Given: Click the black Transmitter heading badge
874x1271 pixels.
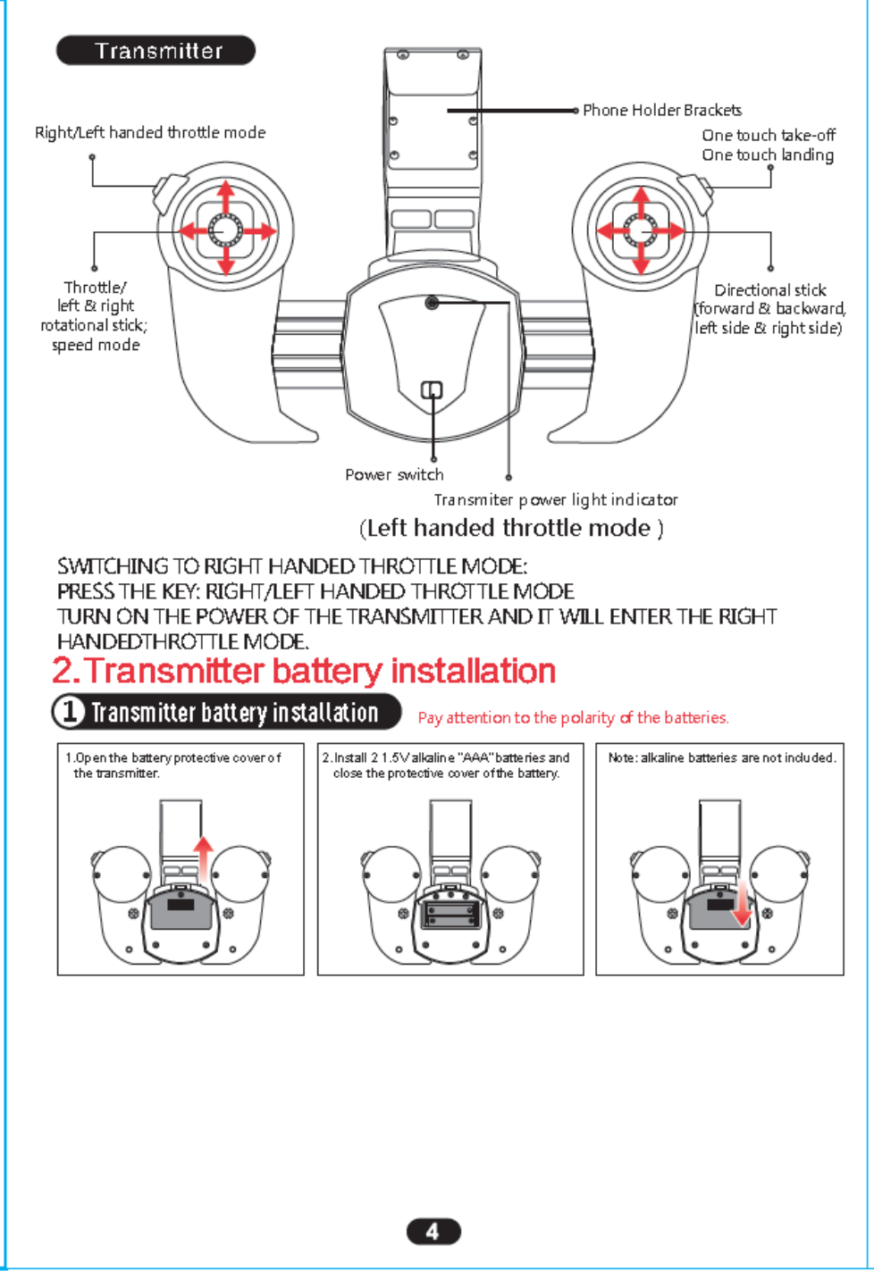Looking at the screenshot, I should point(156,51).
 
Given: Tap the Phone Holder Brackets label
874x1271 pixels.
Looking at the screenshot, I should point(661,110).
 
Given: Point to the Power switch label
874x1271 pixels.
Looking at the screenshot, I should point(394,474).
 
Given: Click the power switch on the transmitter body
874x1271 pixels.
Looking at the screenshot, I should point(432,390).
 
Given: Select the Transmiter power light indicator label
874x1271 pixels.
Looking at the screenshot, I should point(556,499).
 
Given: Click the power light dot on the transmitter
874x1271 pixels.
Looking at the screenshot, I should point(433,303).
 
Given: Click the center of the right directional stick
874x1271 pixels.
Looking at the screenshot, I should point(640,230).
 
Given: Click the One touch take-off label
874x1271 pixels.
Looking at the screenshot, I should point(769,136).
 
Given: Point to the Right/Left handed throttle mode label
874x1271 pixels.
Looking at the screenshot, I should point(150,132).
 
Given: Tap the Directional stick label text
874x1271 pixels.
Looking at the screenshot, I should point(769,290).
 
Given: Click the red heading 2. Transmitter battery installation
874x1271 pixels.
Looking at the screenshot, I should point(304,671).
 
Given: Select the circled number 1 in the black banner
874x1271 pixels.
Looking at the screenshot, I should point(70,712).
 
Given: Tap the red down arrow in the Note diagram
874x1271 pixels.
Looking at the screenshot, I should point(740,907).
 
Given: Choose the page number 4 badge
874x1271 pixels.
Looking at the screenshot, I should point(433,1232).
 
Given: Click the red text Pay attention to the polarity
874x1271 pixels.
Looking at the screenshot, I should point(573,717).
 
